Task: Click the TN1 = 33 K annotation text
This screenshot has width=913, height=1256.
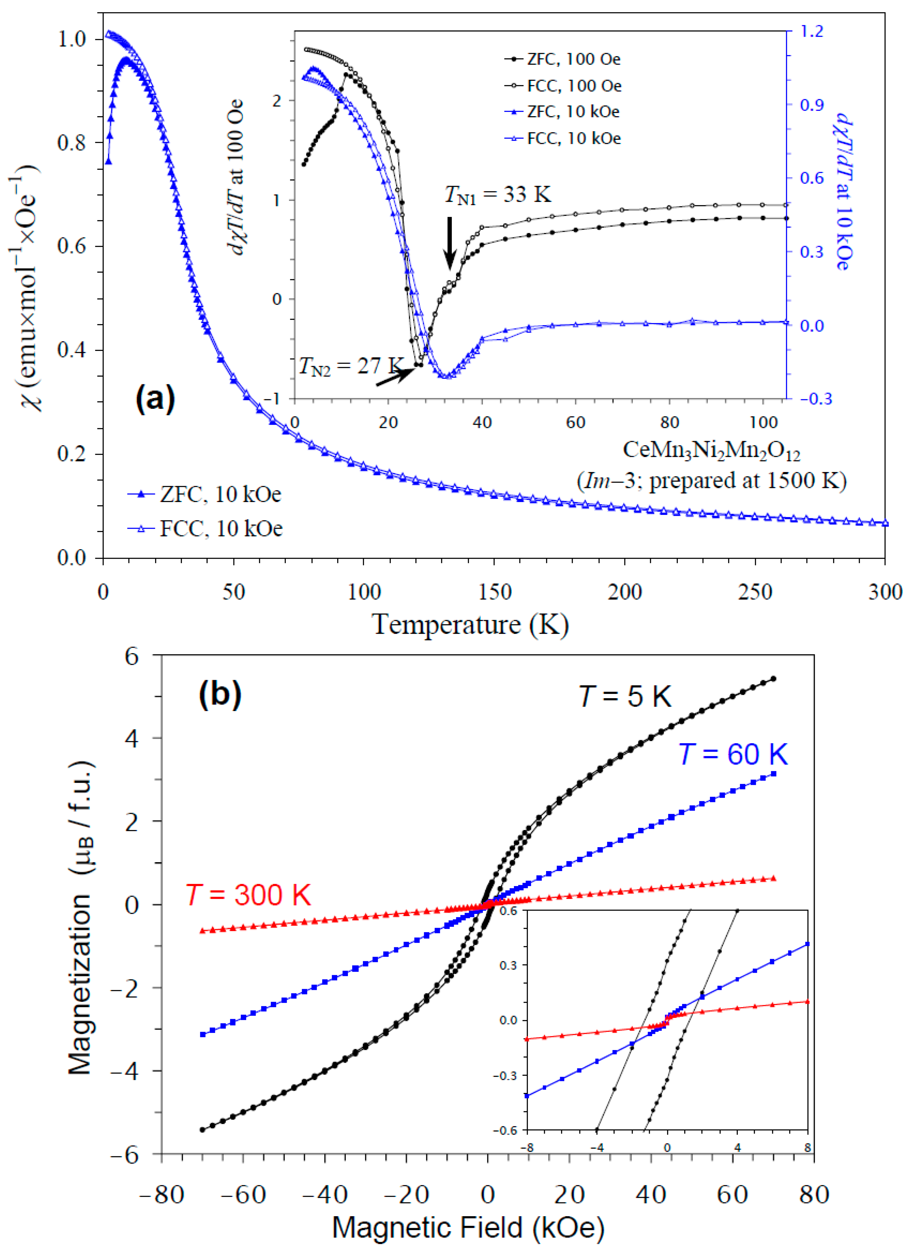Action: coord(498,195)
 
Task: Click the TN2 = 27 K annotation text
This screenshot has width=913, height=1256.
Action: coord(351,366)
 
